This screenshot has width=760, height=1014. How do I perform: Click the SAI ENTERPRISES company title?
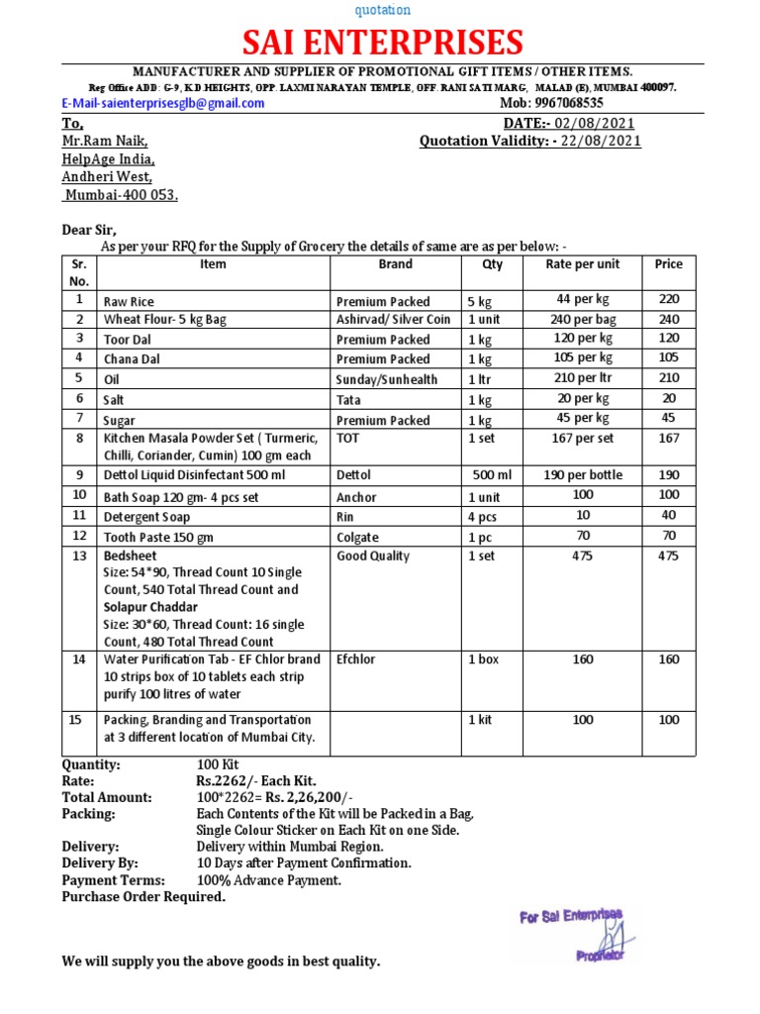[x=383, y=43]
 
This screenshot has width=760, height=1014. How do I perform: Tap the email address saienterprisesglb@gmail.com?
[x=164, y=103]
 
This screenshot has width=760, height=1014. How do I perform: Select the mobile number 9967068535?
[x=568, y=103]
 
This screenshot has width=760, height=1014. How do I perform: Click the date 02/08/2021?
[x=595, y=124]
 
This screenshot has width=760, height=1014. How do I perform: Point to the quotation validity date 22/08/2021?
[x=600, y=142]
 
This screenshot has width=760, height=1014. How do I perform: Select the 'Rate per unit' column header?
[x=583, y=264]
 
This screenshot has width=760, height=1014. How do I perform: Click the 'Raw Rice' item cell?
[x=129, y=301]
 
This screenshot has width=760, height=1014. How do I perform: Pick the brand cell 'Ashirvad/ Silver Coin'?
[x=393, y=320]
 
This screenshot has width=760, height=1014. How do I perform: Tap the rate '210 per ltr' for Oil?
[x=583, y=378]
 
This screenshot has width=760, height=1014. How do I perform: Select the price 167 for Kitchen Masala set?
[x=669, y=437]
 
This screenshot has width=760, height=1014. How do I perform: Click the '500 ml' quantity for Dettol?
[x=492, y=475]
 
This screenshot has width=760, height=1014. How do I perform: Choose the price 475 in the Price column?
[x=669, y=557]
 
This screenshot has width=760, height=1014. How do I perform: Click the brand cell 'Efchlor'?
[x=356, y=659]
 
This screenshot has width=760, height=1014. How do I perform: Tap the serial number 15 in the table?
[x=75, y=720]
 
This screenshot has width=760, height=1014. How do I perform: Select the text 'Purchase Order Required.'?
[x=143, y=897]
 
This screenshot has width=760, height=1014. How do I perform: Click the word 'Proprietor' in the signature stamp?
[x=600, y=956]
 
